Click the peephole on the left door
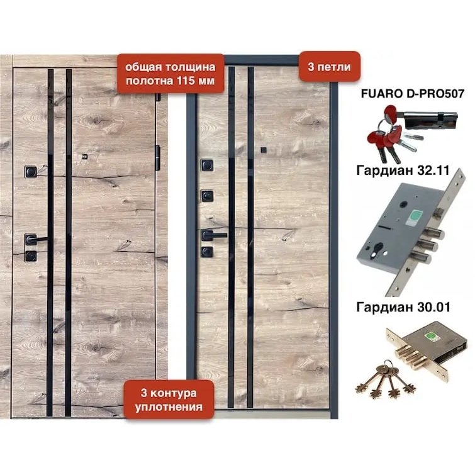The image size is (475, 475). pos(85,157)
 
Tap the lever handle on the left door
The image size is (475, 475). pos(36,239)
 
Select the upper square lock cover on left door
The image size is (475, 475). pos(31,172)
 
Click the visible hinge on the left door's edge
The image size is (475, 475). pos(157,157)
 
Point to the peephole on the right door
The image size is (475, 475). pos(263,150)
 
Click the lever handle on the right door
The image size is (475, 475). pos(213,235)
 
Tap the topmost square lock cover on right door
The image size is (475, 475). pos(207,165)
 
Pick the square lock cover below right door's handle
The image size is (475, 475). pos(207,252)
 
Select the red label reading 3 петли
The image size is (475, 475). pos(330,67)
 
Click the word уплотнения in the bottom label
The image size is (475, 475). pos(169,407)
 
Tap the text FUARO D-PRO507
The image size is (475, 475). pos(413,94)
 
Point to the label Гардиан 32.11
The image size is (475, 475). pos(403,170)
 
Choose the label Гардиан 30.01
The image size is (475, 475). pos(403,307)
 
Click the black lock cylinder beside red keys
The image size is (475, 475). pos(430,118)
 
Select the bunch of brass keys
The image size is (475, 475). pos(385,379)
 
